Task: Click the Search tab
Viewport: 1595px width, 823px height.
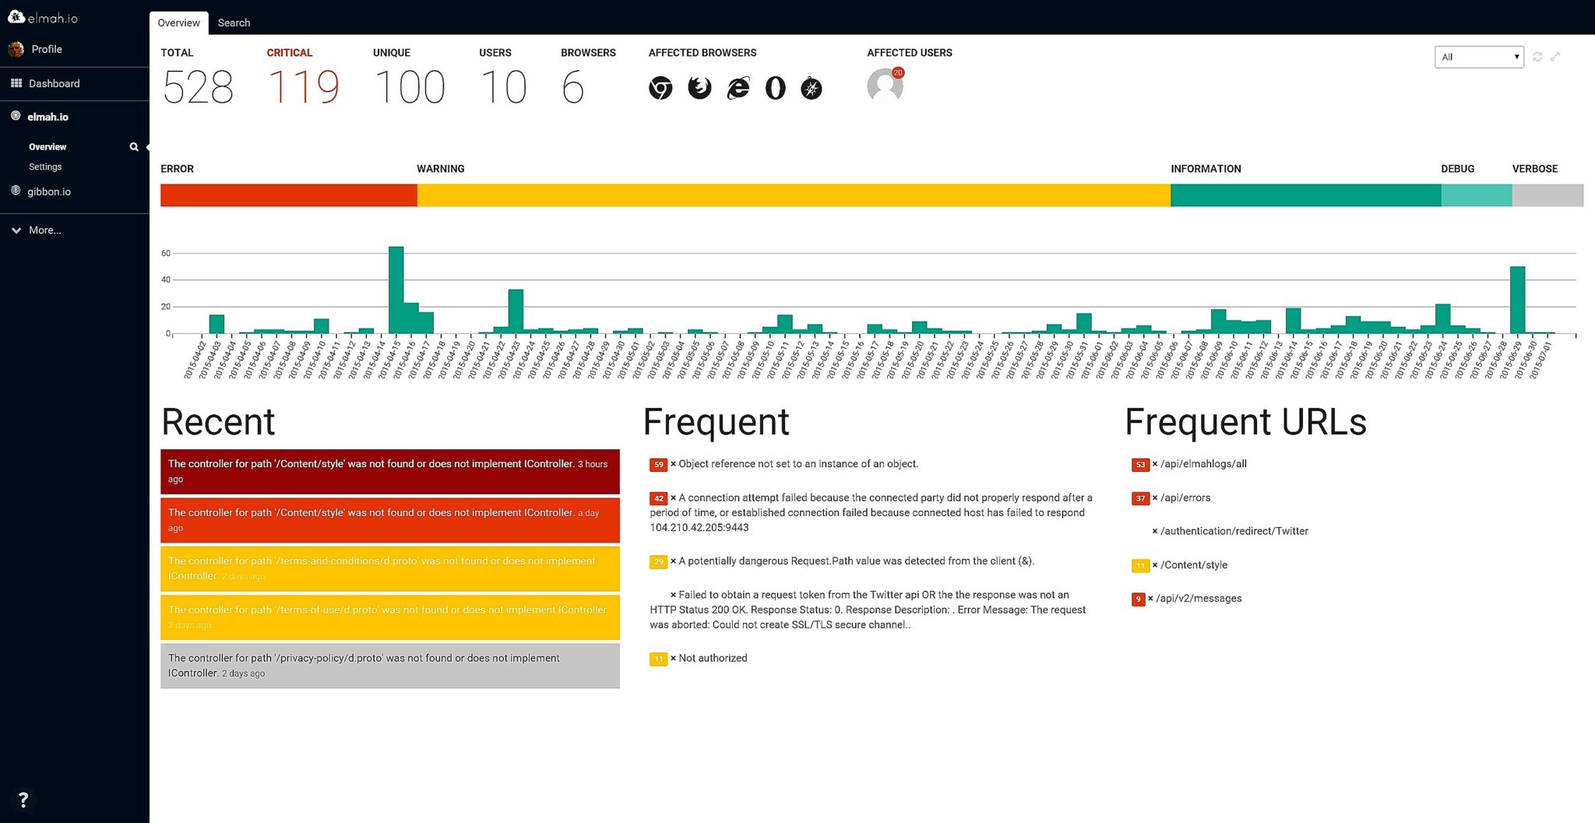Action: coord(234,23)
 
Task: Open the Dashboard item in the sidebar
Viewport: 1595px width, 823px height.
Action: coord(54,83)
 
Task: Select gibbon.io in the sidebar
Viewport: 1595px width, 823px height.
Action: coord(48,192)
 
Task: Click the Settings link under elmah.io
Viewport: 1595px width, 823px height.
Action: coord(45,167)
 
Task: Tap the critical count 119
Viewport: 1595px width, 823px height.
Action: coord(303,86)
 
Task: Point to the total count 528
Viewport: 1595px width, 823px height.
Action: coord(198,86)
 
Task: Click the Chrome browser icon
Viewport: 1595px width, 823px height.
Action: coord(660,88)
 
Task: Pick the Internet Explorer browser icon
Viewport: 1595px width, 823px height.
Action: coord(738,88)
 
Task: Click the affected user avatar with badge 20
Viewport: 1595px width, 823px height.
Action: coord(885,85)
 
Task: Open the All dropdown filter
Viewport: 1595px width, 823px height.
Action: coord(1478,57)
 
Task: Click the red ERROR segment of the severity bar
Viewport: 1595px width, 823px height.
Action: coord(288,195)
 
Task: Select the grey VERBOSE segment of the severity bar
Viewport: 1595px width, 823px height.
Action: coord(1547,195)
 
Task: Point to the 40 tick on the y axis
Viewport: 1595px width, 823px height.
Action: coord(166,280)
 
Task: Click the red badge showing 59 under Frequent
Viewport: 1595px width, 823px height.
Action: coord(658,465)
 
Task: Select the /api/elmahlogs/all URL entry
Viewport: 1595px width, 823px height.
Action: coord(1203,464)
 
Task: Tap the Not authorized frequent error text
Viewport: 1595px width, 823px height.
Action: coord(713,658)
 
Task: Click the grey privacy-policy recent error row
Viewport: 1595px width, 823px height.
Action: coord(389,666)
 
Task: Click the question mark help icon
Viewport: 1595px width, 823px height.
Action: coord(23,800)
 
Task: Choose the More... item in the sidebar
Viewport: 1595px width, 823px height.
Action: coord(44,230)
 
